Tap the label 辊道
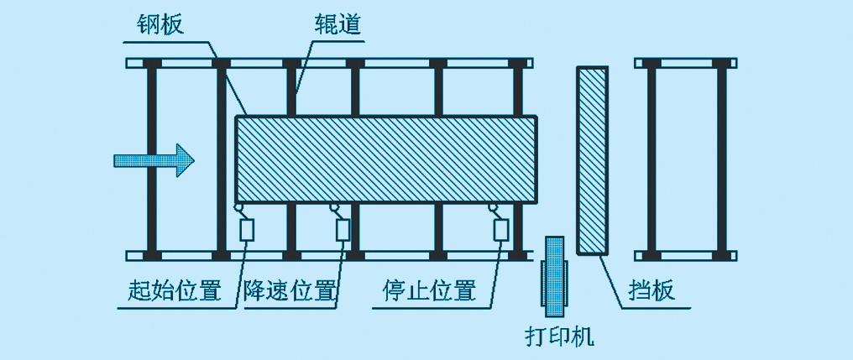[x=338, y=24]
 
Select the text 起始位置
[x=175, y=291]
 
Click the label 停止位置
[x=429, y=290]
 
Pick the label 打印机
[x=558, y=337]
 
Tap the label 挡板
[x=652, y=291]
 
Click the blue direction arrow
[x=154, y=160]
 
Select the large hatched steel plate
[x=385, y=160]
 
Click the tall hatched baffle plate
[x=592, y=160]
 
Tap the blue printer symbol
[x=554, y=277]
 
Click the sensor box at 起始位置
[x=247, y=229]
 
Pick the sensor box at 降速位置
[x=343, y=229]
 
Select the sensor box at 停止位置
[x=500, y=229]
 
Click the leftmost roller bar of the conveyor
[x=152, y=159]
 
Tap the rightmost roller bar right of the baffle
[x=722, y=159]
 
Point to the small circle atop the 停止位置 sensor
[x=492, y=208]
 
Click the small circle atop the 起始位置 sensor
[x=238, y=208]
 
